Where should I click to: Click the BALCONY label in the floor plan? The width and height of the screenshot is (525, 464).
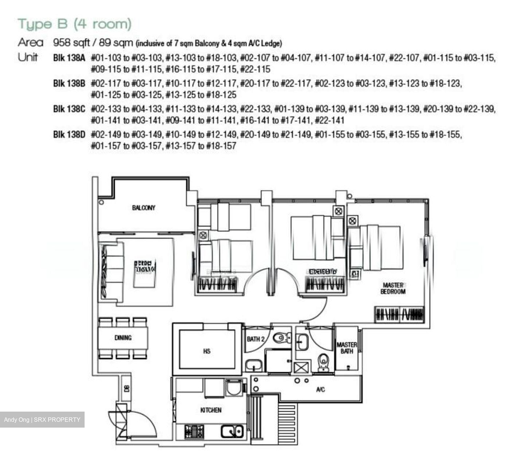[144, 208]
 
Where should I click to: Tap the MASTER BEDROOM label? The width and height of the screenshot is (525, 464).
[393, 288]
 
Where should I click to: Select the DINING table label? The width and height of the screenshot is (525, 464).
[123, 338]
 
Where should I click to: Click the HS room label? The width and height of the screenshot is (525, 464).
[207, 351]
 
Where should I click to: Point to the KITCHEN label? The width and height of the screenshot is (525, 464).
[211, 410]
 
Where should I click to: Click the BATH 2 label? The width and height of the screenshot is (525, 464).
[255, 339]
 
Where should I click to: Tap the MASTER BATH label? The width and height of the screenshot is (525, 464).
[346, 348]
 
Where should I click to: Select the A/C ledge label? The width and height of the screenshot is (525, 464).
[320, 390]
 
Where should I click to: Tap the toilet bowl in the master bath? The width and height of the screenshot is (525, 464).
[323, 362]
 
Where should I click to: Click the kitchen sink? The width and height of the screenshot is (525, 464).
[232, 431]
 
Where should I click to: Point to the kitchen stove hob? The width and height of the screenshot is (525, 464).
[194, 432]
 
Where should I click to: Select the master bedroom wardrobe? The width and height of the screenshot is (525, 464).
[400, 314]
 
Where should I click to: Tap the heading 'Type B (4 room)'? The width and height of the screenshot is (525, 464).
[74, 24]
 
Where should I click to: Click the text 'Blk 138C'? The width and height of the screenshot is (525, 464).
[69, 109]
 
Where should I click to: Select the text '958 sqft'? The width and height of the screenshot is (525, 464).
[71, 43]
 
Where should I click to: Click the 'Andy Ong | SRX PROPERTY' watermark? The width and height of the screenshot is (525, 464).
[42, 420]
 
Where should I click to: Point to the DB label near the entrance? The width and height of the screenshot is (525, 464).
[126, 389]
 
